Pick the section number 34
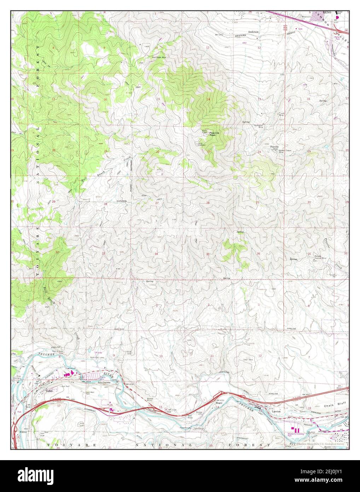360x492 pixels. point(156,254)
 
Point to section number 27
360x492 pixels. point(156,203)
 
